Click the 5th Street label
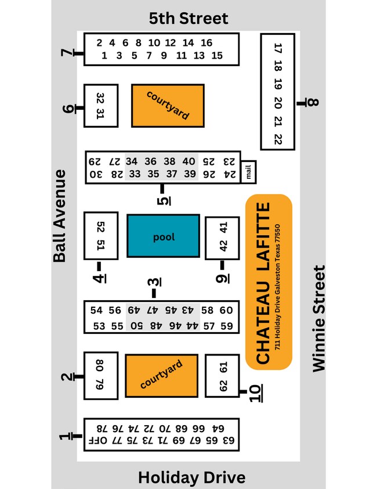[188, 18]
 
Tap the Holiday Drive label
[191, 477]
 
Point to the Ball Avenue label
[59, 216]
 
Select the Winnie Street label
[320, 318]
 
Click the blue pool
[164, 236]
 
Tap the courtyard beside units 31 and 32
[168, 105]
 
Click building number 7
[67, 54]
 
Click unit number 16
[206, 43]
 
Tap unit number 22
[278, 139]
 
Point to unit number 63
[229, 441]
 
